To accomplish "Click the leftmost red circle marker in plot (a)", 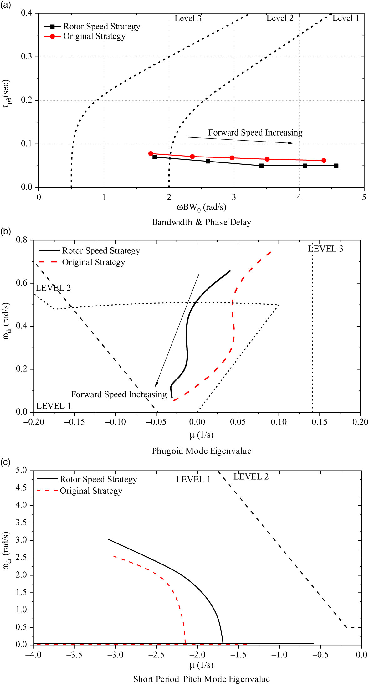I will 151,153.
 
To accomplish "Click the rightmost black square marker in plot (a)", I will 336,166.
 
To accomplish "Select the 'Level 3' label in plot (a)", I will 188,18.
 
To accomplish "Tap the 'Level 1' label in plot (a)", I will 346,18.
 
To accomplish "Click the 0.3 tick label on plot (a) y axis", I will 26,57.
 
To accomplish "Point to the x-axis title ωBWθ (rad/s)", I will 202,207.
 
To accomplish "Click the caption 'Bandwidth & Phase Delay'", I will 202,222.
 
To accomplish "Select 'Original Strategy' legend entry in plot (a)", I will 94,36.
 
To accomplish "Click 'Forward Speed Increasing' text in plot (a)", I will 255,133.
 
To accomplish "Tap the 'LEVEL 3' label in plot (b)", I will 325,249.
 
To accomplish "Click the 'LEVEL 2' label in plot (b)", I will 53,288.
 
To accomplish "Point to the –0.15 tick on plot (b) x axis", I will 74,422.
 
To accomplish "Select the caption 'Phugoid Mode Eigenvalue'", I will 202,451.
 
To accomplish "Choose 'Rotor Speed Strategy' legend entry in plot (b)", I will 101,250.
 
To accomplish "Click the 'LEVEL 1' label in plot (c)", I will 193,480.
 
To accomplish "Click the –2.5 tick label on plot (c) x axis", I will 156,655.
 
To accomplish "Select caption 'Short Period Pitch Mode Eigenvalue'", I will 202,679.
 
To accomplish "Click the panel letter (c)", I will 5,462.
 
